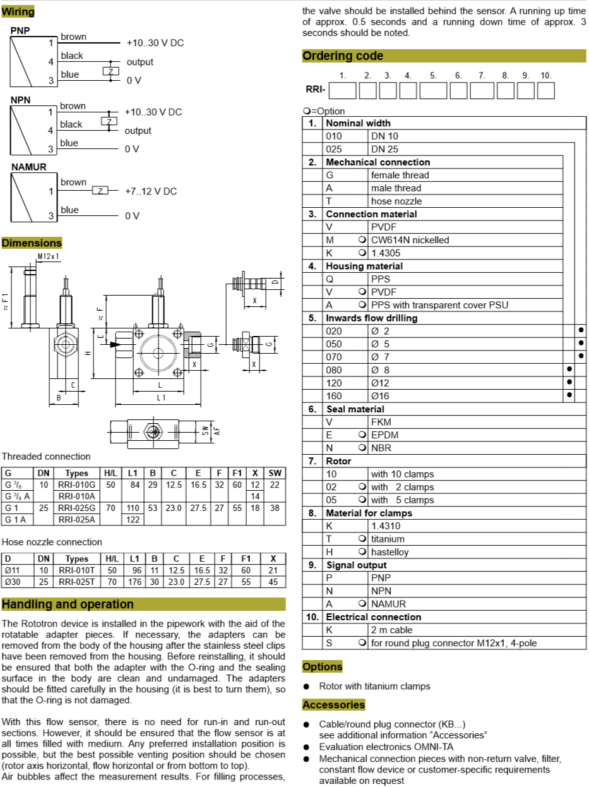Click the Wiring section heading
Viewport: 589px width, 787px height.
coord(18,11)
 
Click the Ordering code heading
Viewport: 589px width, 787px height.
coord(343,56)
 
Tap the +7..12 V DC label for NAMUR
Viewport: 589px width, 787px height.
coord(151,191)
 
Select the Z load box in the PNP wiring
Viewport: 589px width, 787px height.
coord(111,71)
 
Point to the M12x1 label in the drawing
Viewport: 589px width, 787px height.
coord(48,256)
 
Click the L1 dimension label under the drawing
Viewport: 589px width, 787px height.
coord(161,397)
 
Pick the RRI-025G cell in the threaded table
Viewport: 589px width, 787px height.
coord(76,508)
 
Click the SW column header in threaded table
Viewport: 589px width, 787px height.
coord(275,473)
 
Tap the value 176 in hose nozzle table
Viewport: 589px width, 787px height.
coord(134,582)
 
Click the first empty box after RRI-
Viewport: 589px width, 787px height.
coord(343,91)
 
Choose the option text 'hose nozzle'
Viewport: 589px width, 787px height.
coord(396,201)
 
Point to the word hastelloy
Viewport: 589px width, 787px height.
coord(390,552)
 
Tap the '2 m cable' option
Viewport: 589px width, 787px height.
coord(391,630)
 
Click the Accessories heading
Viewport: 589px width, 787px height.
coord(333,705)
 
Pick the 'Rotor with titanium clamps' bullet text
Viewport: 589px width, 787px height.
coord(374,686)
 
